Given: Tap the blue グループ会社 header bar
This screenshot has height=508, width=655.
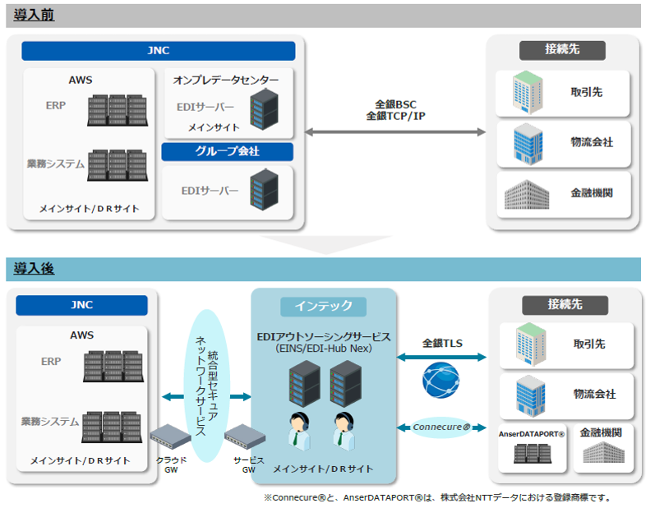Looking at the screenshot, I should click(x=227, y=151).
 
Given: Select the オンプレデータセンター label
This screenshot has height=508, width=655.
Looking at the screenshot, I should click(x=227, y=80).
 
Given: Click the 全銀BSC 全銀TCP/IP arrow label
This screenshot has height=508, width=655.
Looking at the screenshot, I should click(x=395, y=110).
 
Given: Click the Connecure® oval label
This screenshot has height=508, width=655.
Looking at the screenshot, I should click(x=441, y=427).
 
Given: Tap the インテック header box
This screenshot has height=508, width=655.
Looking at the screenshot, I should click(x=323, y=306).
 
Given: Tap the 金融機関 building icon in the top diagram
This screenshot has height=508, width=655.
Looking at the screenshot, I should click(x=526, y=194).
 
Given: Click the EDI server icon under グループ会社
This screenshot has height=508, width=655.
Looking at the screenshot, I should click(x=264, y=188).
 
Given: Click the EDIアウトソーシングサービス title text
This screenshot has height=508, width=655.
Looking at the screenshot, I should click(x=323, y=336).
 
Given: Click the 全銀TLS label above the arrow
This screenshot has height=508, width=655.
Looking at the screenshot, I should click(x=441, y=343).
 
